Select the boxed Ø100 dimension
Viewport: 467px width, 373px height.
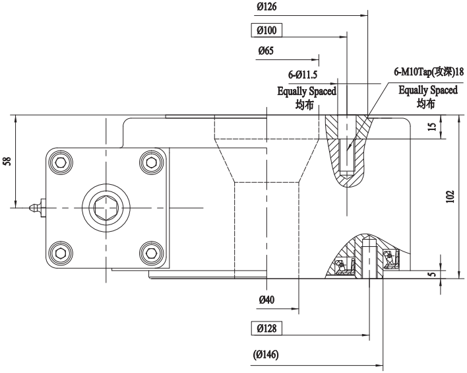266,30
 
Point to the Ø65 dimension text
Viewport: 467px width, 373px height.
266,50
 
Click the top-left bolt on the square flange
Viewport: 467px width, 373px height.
61,162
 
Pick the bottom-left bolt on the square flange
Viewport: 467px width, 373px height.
61,253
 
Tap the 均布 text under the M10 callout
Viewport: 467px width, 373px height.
427,103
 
